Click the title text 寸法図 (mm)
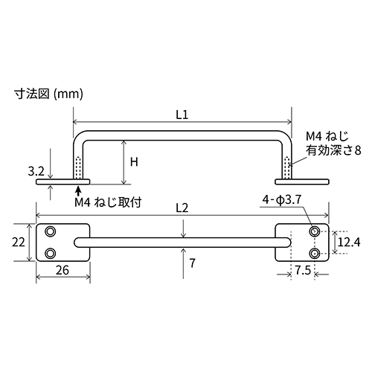coord(48,94)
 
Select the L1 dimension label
coord(182,115)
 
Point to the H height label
coord(135,161)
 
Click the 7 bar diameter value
coord(192,263)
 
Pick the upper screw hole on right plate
coord(315,231)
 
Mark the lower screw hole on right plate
coord(315,254)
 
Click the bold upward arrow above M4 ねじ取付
coord(78,191)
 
